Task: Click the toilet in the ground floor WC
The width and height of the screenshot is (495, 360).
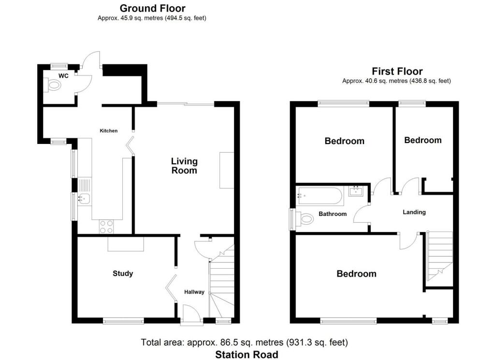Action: point(52,85)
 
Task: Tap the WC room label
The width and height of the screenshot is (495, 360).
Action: point(63,76)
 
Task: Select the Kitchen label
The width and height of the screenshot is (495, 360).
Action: point(109,130)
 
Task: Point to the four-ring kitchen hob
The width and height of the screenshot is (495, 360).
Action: point(106,227)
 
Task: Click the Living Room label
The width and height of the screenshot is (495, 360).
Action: point(184,166)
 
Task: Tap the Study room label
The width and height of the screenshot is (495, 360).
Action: point(123,274)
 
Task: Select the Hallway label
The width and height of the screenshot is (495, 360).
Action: point(194,292)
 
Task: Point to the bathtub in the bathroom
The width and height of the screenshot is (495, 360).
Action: point(320,196)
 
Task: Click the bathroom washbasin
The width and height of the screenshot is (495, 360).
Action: point(356,191)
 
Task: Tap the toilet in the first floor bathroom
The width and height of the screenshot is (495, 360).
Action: point(304,218)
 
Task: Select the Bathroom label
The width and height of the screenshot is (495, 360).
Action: point(333,214)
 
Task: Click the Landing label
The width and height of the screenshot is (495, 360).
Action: point(414,212)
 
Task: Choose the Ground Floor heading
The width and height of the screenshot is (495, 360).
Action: point(152,8)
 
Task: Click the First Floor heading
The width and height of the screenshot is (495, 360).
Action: point(397,72)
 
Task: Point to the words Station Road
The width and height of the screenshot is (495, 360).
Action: point(247,355)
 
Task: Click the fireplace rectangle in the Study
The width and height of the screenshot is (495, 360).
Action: point(126,244)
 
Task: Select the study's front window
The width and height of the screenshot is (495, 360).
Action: point(123,321)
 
